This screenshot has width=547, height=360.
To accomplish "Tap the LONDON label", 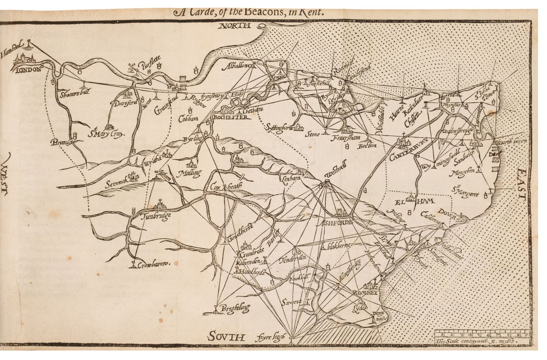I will pos(28,70).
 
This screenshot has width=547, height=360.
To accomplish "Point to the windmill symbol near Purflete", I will pos(132,67).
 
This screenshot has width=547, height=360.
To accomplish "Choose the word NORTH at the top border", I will pos(235,26).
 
